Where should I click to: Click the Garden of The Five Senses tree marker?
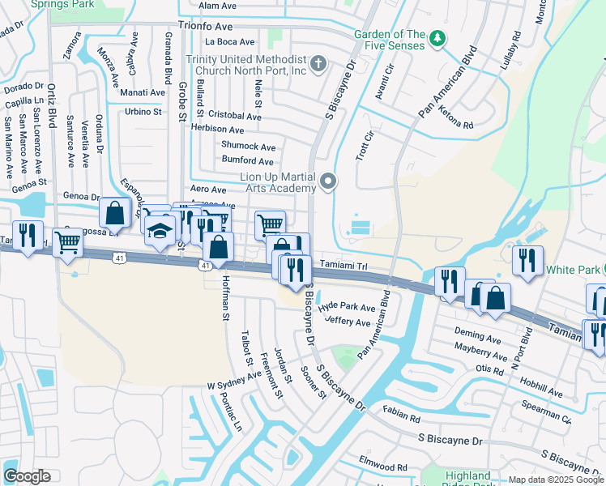(437, 38)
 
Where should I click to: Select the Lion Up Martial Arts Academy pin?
(327, 181)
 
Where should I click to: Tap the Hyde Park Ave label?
(347, 308)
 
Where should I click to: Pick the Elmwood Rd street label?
(386, 467)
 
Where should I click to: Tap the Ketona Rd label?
(456, 123)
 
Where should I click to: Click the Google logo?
(27, 476)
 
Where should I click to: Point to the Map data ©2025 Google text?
(555, 480)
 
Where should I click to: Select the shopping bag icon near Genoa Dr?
(115, 213)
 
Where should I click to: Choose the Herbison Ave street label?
(217, 130)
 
